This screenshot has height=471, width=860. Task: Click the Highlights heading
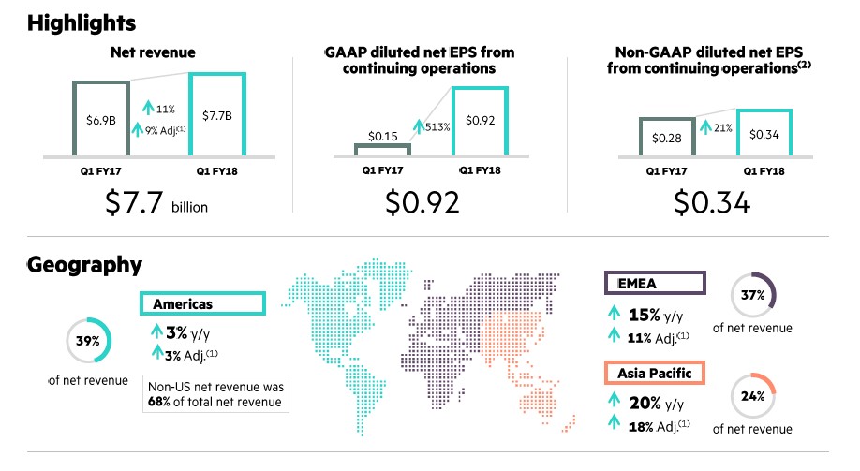(82, 22)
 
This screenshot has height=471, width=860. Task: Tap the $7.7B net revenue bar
(216, 114)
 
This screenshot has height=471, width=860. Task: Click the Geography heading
(84, 265)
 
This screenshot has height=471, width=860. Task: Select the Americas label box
(203, 304)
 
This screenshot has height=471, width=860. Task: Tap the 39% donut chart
(89, 341)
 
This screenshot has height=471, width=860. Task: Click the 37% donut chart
(753, 295)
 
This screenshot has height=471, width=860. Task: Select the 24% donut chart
(753, 395)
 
